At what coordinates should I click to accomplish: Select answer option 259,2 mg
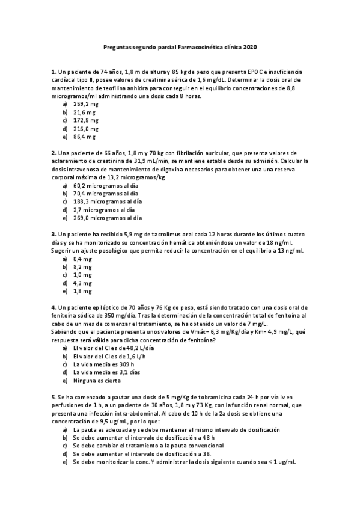click(x=85, y=104)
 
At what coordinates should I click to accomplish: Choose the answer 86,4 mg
click(x=84, y=137)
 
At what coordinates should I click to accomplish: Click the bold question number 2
click(x=53, y=153)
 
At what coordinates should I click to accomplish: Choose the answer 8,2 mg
click(x=82, y=266)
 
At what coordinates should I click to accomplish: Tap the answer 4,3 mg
click(x=82, y=283)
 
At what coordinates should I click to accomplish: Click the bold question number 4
click(x=53, y=307)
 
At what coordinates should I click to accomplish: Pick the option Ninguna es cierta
click(x=97, y=381)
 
